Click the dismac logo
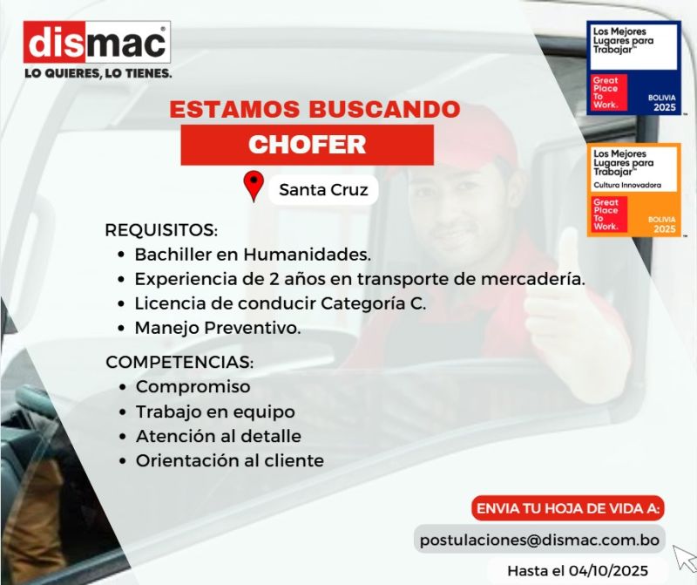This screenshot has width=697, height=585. tap(97, 42)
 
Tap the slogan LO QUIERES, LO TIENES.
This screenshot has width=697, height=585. tap(98, 73)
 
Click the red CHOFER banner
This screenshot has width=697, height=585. tap(308, 145)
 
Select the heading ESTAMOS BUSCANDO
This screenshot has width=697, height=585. tap(315, 110)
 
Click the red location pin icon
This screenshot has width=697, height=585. tap(254, 186)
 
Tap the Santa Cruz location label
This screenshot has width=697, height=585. tap(323, 190)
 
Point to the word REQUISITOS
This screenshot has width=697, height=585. tap(161, 230)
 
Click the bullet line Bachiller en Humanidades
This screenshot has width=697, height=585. tap(253, 255)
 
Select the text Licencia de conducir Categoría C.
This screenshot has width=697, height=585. tap(280, 304)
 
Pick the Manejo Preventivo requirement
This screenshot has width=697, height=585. tap(218, 329)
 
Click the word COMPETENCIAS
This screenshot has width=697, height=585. tap(179, 362)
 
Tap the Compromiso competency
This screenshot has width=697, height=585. tap(193, 387)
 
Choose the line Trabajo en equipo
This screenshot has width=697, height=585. tap(215, 412)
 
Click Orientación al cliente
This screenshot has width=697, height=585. tap(230, 461)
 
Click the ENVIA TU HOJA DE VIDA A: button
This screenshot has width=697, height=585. tap(568, 508)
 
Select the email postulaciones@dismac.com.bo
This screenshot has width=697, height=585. tap(539, 540)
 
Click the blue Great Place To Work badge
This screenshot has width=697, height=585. tap(633, 68)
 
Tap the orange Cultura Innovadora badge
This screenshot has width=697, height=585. tap(633, 190)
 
